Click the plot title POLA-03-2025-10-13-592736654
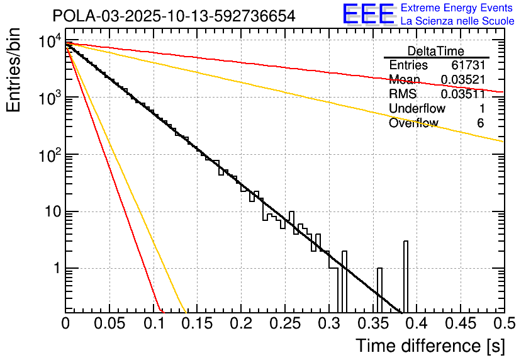tap(174, 16)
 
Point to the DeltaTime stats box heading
tap(435, 51)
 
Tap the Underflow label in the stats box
tap(417, 108)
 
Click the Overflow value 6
tap(480, 123)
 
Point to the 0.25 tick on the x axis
tap(284, 324)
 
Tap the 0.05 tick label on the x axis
tap(109, 324)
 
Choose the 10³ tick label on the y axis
tap(48, 97)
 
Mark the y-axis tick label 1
tap(55, 268)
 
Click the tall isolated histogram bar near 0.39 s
tap(405, 277)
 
